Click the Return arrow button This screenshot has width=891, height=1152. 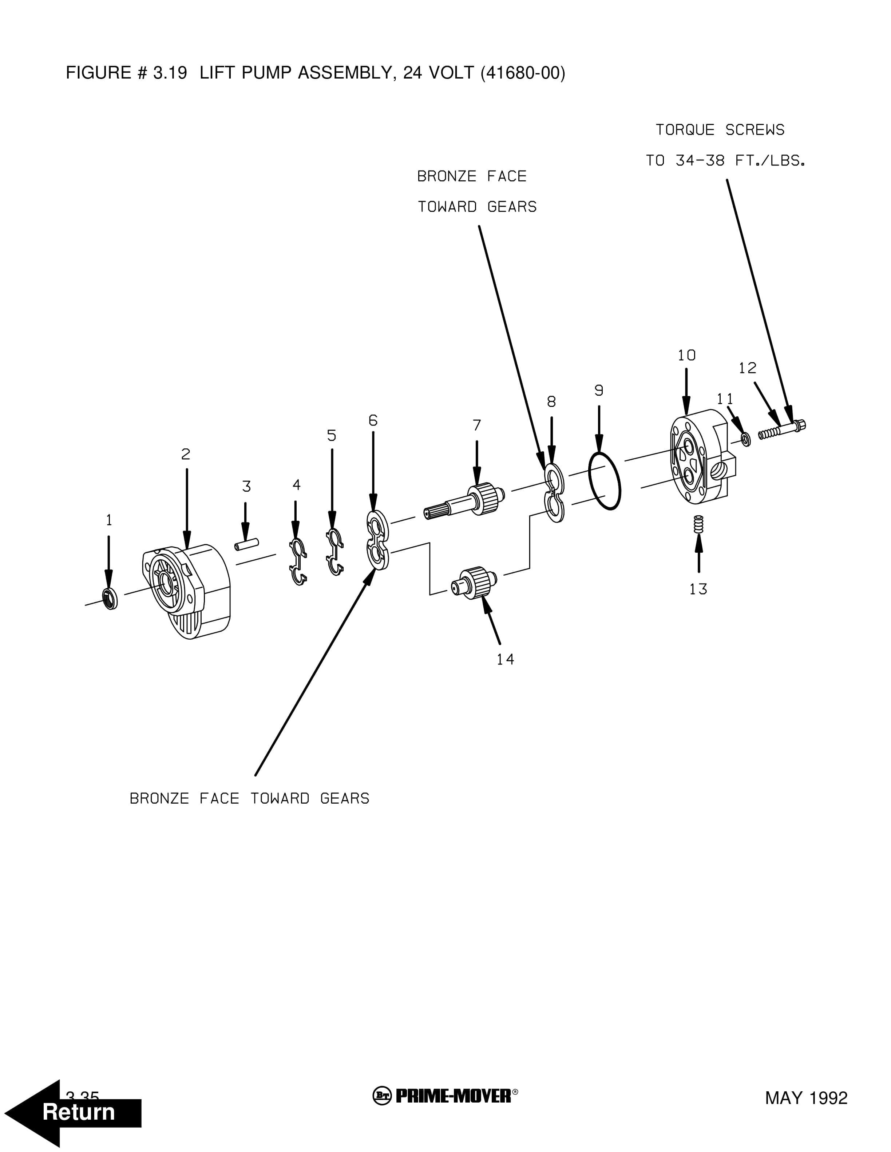pyautogui.click(x=74, y=1112)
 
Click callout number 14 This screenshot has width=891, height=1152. pyautogui.click(x=505, y=659)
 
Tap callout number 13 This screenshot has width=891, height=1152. pyautogui.click(x=698, y=589)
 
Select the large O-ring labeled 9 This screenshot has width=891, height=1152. pyautogui.click(x=605, y=480)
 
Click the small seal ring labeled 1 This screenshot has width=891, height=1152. pyautogui.click(x=110, y=598)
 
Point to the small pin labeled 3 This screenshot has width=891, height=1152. pyautogui.click(x=246, y=544)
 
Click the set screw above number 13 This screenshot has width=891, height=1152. pyautogui.click(x=699, y=524)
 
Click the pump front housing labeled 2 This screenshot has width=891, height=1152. pyautogui.click(x=187, y=591)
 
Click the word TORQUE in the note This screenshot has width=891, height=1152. pyautogui.click(x=685, y=130)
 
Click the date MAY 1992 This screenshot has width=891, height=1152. pyautogui.click(x=806, y=1098)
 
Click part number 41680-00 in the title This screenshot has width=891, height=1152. pyautogui.click(x=523, y=73)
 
